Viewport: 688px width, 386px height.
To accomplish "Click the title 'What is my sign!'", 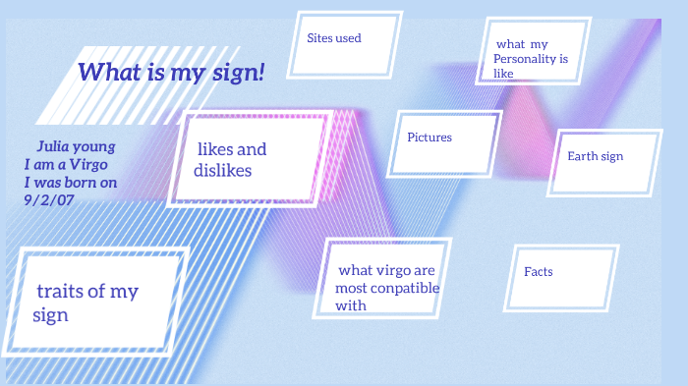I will click(x=171, y=72).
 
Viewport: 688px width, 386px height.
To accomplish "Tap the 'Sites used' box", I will click(x=344, y=44).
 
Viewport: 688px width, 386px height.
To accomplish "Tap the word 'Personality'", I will click(x=526, y=59).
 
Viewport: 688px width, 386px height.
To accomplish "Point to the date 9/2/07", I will click(x=49, y=199).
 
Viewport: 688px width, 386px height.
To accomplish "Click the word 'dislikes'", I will click(x=223, y=170).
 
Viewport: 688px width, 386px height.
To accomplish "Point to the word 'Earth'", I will click(x=583, y=156).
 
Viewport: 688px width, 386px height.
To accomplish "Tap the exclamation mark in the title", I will click(x=261, y=72).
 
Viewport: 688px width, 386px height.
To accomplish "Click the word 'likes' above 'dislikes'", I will click(x=215, y=149).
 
